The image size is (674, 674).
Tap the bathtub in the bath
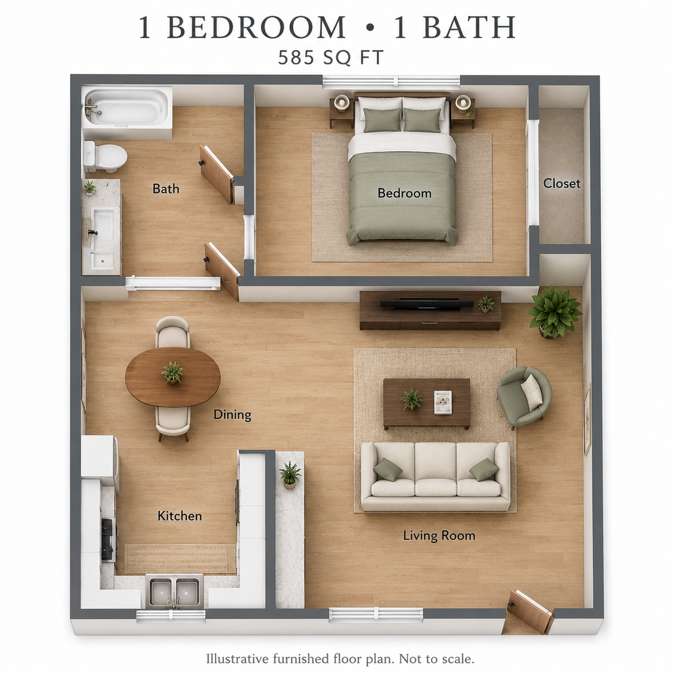[x=127, y=107]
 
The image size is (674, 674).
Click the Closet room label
[x=562, y=183]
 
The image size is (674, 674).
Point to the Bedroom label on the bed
[x=404, y=193]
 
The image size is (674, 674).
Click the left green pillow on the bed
[x=382, y=120]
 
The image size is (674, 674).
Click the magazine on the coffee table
[x=442, y=402]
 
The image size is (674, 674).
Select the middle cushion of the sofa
[x=436, y=470]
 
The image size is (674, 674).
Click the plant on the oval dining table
[x=172, y=372]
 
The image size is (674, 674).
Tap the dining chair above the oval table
[x=172, y=332]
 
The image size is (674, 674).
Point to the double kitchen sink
[x=175, y=592]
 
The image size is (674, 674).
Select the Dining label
[x=232, y=414]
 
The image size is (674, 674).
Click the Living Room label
[x=439, y=535]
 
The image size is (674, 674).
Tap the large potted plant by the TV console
[x=554, y=311]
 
